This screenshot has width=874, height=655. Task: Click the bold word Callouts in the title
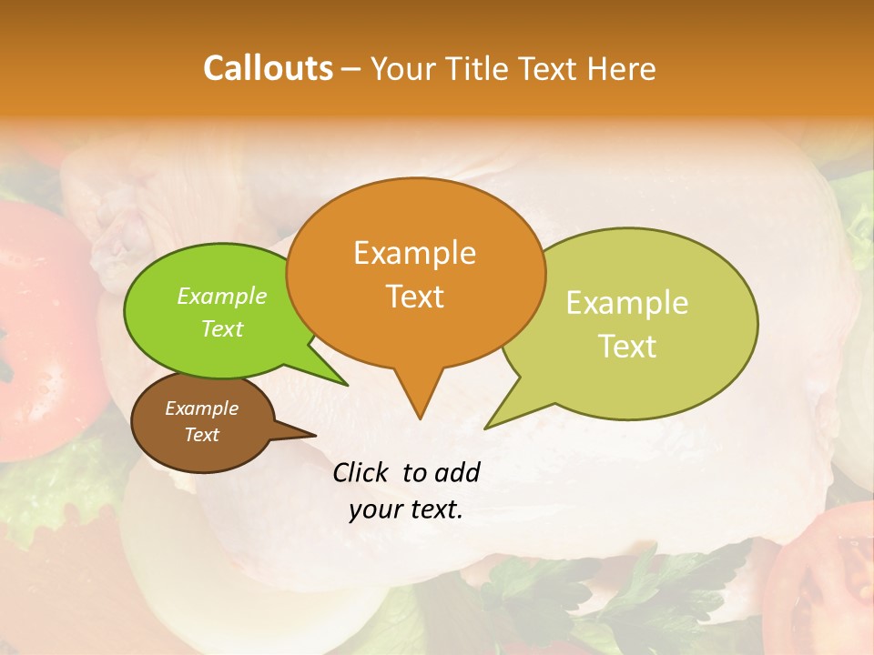(268, 68)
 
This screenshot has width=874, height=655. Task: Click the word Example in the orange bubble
(414, 253)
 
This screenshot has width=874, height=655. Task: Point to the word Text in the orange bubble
(415, 297)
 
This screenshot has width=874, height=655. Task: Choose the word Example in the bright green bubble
(222, 296)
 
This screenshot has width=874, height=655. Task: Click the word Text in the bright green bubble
(222, 328)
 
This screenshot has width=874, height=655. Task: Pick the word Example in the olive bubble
(627, 303)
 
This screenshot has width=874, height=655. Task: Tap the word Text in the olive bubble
(628, 346)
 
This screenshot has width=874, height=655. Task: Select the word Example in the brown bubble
(201, 408)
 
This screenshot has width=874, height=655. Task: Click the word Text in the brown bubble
(202, 435)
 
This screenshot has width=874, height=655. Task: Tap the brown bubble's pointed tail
(310, 434)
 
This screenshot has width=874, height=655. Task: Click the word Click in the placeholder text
(361, 472)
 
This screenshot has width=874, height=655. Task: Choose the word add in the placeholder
(456, 472)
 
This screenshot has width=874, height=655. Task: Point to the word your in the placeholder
(376, 509)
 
